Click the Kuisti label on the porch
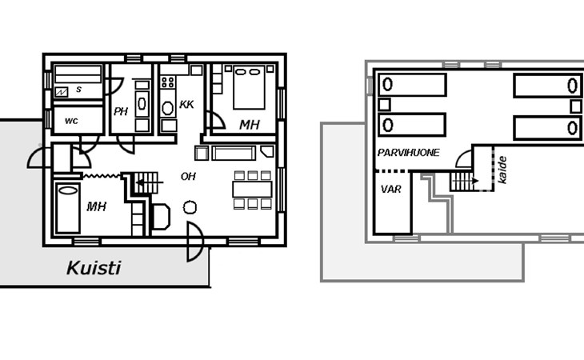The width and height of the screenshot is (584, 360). (x=94, y=268)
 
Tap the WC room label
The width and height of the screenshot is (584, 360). (x=71, y=121)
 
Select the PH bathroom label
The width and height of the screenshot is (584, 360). (x=121, y=111)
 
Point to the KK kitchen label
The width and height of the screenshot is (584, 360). (x=186, y=104)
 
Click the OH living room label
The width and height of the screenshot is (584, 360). (x=188, y=176)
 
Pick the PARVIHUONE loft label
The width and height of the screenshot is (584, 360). (x=408, y=153)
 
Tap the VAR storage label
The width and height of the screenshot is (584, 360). (x=390, y=190)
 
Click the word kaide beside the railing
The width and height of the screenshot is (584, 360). (x=502, y=170)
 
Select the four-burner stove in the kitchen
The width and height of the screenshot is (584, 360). (x=168, y=82)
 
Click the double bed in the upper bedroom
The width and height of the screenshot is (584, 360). (x=249, y=87)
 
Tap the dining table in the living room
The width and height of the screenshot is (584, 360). (x=252, y=189)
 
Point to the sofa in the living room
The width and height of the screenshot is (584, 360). (x=234, y=153)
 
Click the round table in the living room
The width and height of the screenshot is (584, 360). (x=190, y=207)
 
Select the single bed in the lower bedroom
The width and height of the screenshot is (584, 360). (x=68, y=208)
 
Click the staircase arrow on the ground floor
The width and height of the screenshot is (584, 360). (x=150, y=182)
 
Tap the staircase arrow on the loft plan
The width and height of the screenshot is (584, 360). (x=465, y=181)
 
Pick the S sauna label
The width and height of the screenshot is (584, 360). (x=78, y=90)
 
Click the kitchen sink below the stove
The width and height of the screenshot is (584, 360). (x=168, y=108)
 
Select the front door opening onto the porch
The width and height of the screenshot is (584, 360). (x=195, y=242)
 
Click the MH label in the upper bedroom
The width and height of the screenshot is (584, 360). (x=249, y=125)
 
